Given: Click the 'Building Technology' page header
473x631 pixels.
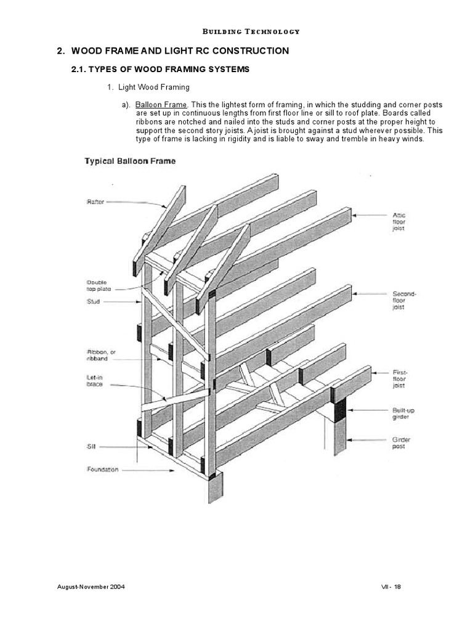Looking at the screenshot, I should pyautogui.click(x=242, y=31).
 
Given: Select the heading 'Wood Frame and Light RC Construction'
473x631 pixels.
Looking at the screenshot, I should pyautogui.click(x=172, y=51).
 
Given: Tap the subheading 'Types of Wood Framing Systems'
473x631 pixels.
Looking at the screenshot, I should pyautogui.click(x=161, y=70).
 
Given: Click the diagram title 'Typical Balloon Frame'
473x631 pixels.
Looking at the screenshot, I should pyautogui.click(x=129, y=161).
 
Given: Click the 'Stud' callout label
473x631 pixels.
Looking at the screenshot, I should pyautogui.click(x=94, y=302).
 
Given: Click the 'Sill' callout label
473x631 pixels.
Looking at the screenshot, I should pyautogui.click(x=92, y=446).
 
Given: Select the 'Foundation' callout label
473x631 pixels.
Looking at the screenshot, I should pyautogui.click(x=103, y=469).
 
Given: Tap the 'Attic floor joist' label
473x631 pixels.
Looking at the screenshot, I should pyautogui.click(x=400, y=221).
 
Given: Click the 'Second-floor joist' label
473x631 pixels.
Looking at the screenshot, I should pyautogui.click(x=405, y=301).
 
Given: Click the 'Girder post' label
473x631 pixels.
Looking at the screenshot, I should pyautogui.click(x=402, y=443).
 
